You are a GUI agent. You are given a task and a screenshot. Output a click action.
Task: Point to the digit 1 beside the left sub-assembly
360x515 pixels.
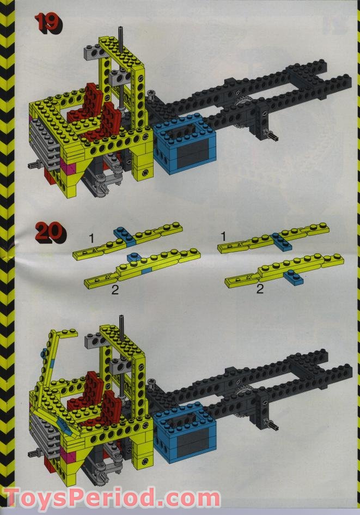[92, 237]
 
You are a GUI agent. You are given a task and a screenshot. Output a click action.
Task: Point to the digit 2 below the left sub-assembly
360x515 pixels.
[115, 290]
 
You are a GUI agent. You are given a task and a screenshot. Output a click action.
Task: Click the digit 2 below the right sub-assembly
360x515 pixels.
[260, 289]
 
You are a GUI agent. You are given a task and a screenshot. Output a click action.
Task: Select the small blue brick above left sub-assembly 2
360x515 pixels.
[132, 256]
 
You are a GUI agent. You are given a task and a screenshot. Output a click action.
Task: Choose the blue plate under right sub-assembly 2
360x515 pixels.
[295, 277]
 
